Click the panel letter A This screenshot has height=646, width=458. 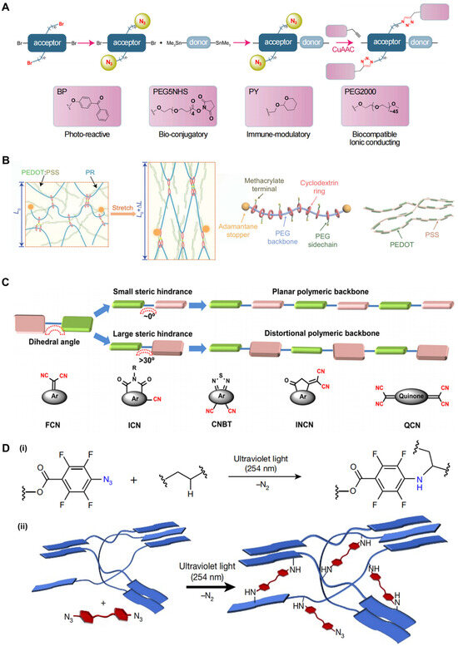(x=7, y=7)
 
